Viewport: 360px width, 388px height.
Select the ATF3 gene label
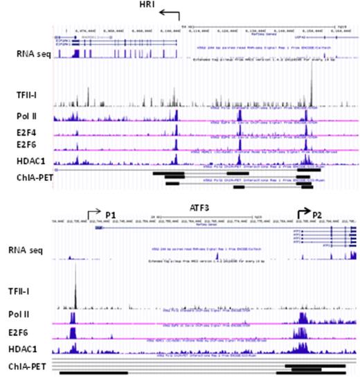tap(179, 206)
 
